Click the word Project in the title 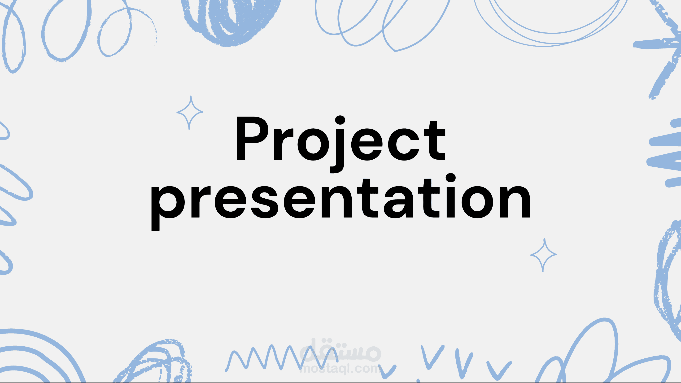point(341,144)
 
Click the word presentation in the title point(341,202)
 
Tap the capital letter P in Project point(253,138)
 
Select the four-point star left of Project point(190,113)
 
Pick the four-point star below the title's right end point(544,255)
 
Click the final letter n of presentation point(515,202)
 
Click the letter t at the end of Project point(435,141)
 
